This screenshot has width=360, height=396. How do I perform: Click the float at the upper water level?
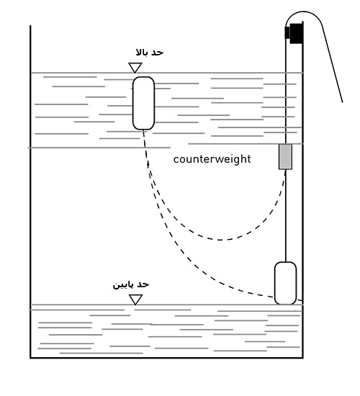click(143, 103)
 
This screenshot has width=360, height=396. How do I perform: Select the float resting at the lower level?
click(285, 283)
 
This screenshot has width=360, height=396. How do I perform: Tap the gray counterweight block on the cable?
click(285, 156)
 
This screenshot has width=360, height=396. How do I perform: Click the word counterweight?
click(212, 159)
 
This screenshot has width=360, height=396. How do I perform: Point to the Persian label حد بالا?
click(150, 53)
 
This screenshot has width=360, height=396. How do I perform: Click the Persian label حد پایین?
click(131, 284)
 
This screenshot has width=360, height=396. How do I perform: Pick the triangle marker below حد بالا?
click(135, 68)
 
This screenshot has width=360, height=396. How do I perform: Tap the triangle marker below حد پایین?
click(136, 300)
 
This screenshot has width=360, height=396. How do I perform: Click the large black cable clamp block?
click(296, 33)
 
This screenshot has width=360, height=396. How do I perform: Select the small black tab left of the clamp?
click(287, 32)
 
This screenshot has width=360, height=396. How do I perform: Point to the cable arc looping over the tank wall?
click(304, 12)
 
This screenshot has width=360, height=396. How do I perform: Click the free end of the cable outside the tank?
click(343, 102)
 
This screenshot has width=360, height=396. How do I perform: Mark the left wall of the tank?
click(30, 192)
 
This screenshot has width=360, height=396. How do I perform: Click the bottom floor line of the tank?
click(166, 358)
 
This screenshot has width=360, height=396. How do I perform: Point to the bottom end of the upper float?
click(143, 130)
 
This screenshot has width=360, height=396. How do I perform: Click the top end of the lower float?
click(285, 262)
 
